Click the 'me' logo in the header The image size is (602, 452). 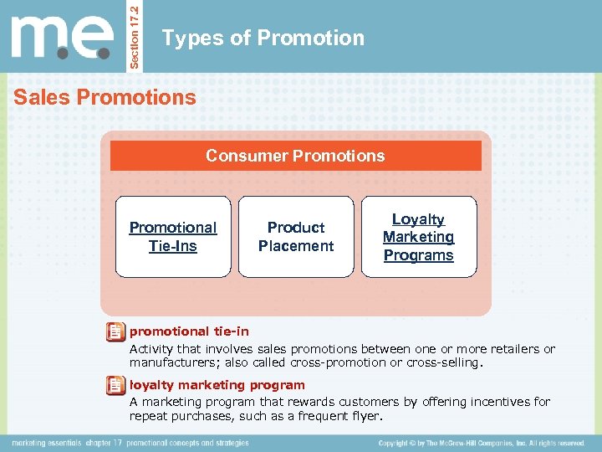point(62,38)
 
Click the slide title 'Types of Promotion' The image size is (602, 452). point(263,39)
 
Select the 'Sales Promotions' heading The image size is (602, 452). point(105,98)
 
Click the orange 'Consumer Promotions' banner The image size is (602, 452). point(295,156)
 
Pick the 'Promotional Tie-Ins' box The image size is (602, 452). point(172,237)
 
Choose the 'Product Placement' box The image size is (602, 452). point(295,237)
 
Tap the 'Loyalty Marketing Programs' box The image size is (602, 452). point(418,237)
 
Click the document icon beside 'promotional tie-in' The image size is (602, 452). point(115,333)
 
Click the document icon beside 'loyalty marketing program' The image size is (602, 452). point(115,386)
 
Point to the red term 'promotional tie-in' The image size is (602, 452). point(189,331)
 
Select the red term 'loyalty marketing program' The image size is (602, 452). point(217,385)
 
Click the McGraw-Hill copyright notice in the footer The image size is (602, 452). point(481,443)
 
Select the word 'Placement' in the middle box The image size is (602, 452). point(295,246)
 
